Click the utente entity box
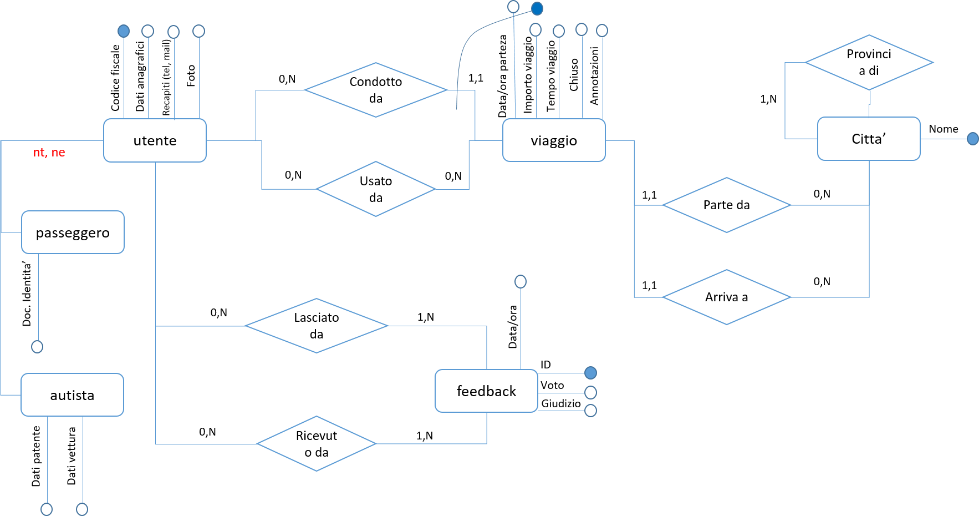point(155,140)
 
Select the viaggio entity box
point(554,140)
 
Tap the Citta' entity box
point(869,139)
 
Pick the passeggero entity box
point(73,232)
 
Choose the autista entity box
point(72,395)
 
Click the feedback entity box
point(486,391)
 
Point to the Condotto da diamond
point(376,90)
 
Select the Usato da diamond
point(376,189)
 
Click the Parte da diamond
point(726,205)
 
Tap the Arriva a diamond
point(726,297)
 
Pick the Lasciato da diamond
point(317,326)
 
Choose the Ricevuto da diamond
point(317,444)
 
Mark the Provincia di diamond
point(869,62)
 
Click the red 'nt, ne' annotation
point(49,153)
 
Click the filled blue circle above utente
point(124,31)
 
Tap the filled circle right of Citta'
point(972,139)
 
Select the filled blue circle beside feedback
point(590,372)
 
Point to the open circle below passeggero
point(37,347)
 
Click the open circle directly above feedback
point(521,282)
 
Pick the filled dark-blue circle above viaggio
point(537,9)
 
